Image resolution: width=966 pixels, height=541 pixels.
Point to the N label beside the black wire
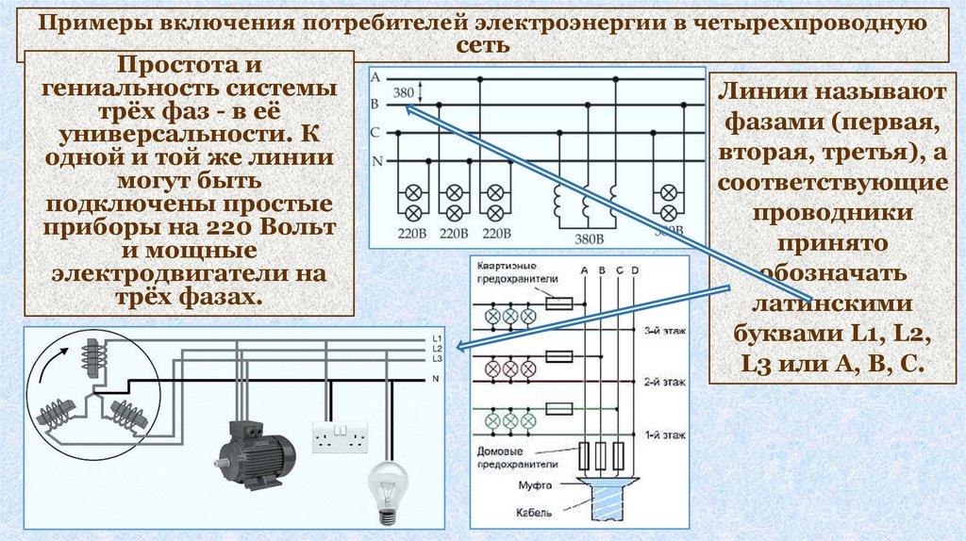[435, 378]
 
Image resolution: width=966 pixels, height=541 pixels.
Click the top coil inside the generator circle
[92, 357]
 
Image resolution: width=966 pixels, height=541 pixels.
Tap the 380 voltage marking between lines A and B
[403, 92]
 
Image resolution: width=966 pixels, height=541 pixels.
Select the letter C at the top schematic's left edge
[375, 132]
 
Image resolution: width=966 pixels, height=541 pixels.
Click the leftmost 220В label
[411, 235]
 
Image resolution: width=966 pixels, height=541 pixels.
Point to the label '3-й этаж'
[664, 331]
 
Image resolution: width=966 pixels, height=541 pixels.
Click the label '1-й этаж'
[664, 434]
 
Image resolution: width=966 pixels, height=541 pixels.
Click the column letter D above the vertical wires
[634, 272]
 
